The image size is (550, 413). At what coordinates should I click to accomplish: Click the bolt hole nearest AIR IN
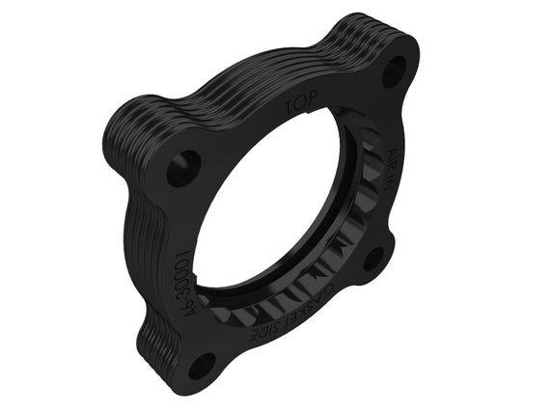[x=394, y=69]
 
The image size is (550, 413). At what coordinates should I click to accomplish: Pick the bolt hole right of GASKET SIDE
[x=374, y=259]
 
